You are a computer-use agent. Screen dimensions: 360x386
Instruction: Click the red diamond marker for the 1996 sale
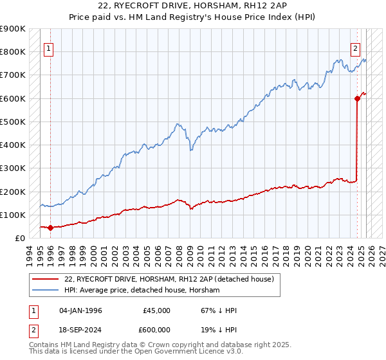[50, 228]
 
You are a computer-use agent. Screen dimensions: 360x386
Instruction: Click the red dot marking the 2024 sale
[357, 98]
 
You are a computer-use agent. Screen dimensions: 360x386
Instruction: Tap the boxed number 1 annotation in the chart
[49, 47]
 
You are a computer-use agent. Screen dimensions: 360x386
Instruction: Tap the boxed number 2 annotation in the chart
[355, 47]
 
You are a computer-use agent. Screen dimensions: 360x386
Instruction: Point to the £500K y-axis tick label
[13, 122]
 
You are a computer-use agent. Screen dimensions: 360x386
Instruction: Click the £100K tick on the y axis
[13, 215]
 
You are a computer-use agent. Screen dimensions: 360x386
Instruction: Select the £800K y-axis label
[13, 51]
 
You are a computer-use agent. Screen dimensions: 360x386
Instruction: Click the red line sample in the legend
[46, 279]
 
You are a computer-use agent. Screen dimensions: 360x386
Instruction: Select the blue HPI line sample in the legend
[46, 291]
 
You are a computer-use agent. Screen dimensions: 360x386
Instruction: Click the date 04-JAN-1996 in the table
[80, 310]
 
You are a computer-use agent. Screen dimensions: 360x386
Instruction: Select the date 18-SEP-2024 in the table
[80, 330]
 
